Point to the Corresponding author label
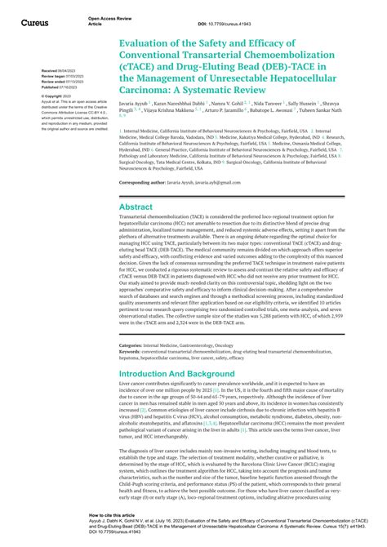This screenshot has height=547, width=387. [x=146, y=184]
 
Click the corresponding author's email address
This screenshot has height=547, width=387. [x=229, y=184]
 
